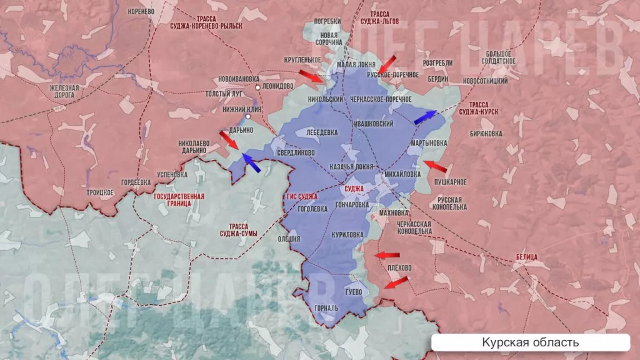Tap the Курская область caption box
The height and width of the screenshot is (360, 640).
530,342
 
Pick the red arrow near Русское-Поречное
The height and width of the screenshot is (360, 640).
389,64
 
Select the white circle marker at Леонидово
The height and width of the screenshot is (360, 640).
257,87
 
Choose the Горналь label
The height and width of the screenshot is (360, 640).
327,307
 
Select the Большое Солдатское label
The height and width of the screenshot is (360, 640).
498,57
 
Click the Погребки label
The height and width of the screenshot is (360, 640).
327,21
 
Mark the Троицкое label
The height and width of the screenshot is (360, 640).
100,192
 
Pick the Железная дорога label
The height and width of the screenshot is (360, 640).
65,92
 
